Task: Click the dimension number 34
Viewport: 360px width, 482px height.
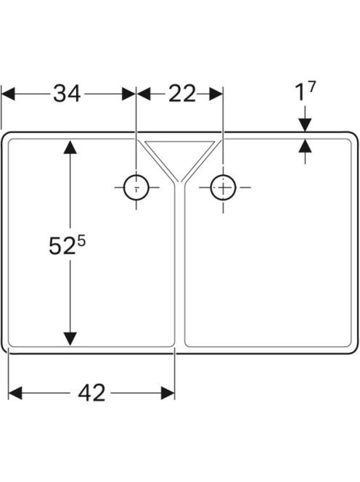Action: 67,94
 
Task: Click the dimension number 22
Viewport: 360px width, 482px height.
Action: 182,94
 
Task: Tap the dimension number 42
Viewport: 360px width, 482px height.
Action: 91,393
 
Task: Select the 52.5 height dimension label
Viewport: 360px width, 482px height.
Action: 67,245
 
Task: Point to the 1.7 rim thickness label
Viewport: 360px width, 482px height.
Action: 306,91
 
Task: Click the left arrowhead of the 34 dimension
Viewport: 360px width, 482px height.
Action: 8,94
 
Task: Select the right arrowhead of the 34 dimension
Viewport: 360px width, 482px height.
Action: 128,94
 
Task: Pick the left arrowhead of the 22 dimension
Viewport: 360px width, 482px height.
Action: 143,94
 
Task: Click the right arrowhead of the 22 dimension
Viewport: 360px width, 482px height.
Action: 216,94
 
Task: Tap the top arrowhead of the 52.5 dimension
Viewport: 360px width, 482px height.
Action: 70,147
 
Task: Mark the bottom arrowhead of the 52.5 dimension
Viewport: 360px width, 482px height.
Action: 70,339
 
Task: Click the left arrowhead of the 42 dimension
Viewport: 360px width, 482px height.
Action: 15,393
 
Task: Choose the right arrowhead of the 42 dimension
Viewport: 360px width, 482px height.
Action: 168,393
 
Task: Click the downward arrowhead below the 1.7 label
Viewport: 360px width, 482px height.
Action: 305,125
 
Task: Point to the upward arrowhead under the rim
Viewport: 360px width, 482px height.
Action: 305,146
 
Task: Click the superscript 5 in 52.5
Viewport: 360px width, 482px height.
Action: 81,241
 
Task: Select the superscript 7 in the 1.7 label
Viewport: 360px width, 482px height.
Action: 311,86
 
